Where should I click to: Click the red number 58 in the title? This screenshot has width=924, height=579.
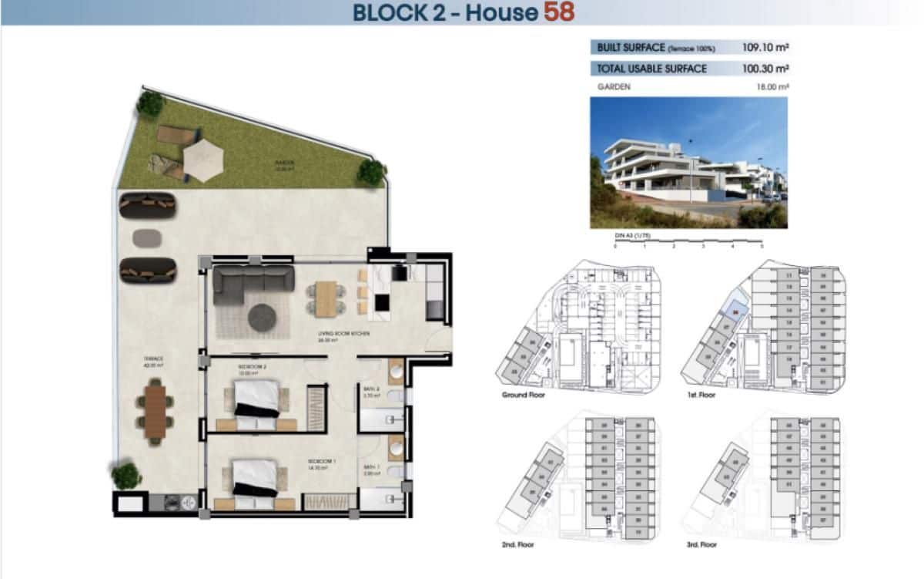click(558, 12)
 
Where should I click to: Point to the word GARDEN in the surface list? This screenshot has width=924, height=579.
click(614, 87)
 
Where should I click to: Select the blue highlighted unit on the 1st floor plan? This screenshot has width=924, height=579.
click(737, 311)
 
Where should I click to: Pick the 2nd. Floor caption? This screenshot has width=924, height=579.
click(518, 545)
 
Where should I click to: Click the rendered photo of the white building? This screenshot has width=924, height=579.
click(688, 162)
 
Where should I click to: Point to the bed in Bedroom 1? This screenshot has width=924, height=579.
click(254, 476)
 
